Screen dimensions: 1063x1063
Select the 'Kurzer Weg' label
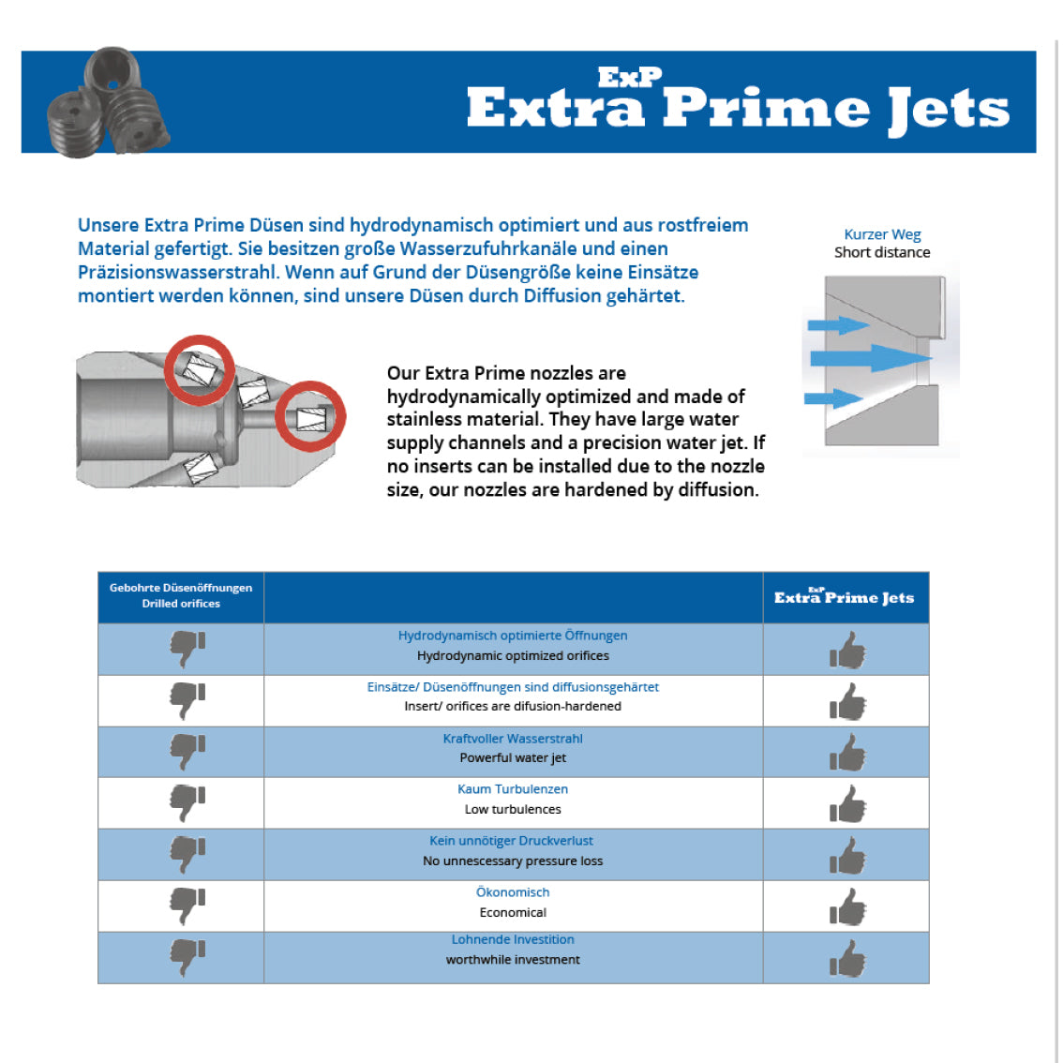click(x=882, y=234)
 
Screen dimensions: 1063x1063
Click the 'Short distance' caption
click(x=882, y=252)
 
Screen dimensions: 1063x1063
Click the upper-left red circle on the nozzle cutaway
click(x=200, y=369)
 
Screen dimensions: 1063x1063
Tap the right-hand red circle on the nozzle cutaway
click(x=310, y=416)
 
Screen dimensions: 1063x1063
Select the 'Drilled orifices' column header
click(x=181, y=604)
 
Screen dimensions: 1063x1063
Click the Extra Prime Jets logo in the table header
click(x=844, y=597)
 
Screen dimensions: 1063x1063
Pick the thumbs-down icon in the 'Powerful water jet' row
click(x=187, y=751)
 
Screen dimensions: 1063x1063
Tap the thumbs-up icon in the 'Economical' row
click(x=847, y=906)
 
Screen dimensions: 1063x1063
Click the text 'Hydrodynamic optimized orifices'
click(x=513, y=656)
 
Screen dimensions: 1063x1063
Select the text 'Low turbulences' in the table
click(x=513, y=809)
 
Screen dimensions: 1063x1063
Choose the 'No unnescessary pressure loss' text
click(x=513, y=861)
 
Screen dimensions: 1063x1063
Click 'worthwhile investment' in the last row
click(x=513, y=960)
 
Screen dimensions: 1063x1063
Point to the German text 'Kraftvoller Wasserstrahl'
click(x=513, y=739)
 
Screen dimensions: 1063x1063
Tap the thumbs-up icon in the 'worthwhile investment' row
click(x=847, y=959)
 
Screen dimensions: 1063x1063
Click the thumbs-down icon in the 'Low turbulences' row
click(x=187, y=802)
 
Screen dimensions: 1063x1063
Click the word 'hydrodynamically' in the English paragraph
click(x=464, y=397)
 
